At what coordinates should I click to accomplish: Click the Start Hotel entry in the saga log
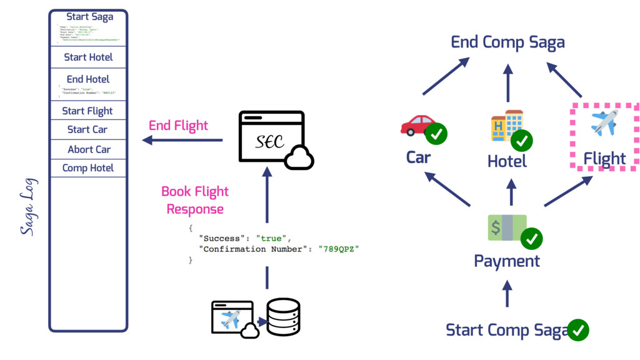[x=88, y=57]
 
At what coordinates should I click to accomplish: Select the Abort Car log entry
[x=89, y=149]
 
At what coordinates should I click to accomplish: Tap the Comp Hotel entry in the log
[x=88, y=167]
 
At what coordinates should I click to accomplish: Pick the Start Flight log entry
[x=87, y=111]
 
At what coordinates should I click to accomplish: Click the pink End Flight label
[x=178, y=126]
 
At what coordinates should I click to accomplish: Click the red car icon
[x=417, y=125]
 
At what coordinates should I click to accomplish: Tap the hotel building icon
[x=506, y=125]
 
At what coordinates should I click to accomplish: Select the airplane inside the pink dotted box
[x=604, y=122]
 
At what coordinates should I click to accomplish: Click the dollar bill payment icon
[x=507, y=227]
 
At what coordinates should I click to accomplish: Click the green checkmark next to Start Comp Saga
[x=578, y=329]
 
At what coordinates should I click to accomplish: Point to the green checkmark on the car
[x=436, y=134]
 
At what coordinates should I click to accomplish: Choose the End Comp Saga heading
[x=507, y=42]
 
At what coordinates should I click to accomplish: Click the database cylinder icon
[x=283, y=317]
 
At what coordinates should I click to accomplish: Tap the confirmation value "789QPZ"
[x=339, y=249]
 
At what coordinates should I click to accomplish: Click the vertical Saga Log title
[x=29, y=206]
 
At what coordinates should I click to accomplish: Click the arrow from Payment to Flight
[x=567, y=191]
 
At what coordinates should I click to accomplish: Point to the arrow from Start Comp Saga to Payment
[x=507, y=293]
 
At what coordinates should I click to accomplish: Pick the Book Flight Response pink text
[x=195, y=200]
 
